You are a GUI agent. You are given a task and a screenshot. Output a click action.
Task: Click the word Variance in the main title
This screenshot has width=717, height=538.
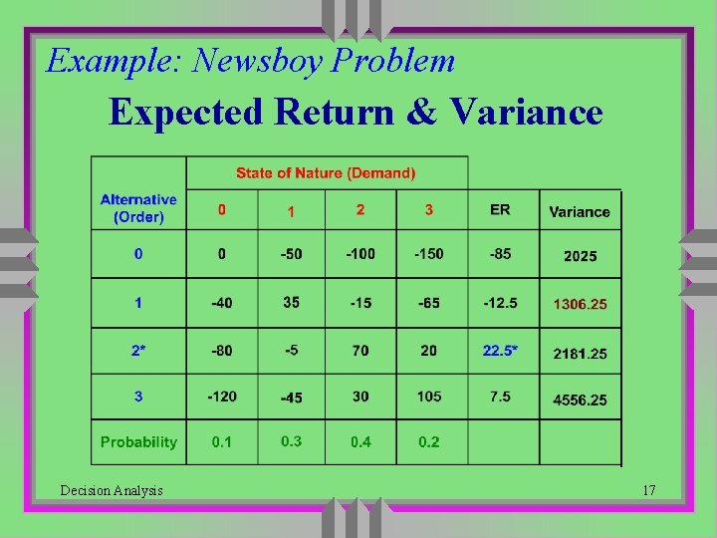tap(526, 112)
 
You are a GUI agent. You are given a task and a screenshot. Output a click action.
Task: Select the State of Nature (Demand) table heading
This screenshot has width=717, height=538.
tap(326, 173)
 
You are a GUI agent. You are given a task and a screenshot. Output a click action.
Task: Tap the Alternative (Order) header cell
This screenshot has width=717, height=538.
tap(138, 208)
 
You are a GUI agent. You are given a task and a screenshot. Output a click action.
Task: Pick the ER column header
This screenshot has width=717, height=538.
tap(500, 209)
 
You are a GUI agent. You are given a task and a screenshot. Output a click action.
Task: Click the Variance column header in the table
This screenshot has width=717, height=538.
tap(580, 211)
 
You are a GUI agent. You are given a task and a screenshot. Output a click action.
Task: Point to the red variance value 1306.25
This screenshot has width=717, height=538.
tap(580, 304)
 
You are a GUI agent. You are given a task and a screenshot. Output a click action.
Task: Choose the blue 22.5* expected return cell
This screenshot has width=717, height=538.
tap(500, 351)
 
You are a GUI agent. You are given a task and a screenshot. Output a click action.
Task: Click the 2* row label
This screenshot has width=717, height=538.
tap(138, 351)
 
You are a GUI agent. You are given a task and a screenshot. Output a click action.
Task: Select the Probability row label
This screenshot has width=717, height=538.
tap(138, 441)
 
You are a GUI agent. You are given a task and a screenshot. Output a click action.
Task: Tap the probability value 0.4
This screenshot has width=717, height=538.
tap(360, 442)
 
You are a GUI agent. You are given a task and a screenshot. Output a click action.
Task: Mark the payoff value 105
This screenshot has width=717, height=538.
tap(429, 397)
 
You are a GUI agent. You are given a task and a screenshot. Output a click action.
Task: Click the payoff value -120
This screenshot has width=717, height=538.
tap(222, 397)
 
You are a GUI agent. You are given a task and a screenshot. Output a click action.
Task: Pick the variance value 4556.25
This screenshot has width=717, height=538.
tap(580, 400)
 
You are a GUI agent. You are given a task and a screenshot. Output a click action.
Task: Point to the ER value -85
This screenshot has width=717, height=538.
tap(500, 254)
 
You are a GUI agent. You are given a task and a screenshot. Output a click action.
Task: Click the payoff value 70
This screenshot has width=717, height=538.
tap(360, 351)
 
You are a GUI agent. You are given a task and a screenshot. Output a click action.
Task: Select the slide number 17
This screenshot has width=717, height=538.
tap(648, 490)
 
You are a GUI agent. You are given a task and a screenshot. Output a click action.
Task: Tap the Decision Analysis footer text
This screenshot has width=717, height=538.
tap(112, 490)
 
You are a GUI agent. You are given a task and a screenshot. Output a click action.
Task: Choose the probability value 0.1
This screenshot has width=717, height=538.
tap(222, 442)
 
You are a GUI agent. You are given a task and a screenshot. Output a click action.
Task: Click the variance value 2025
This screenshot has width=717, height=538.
tap(580, 256)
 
